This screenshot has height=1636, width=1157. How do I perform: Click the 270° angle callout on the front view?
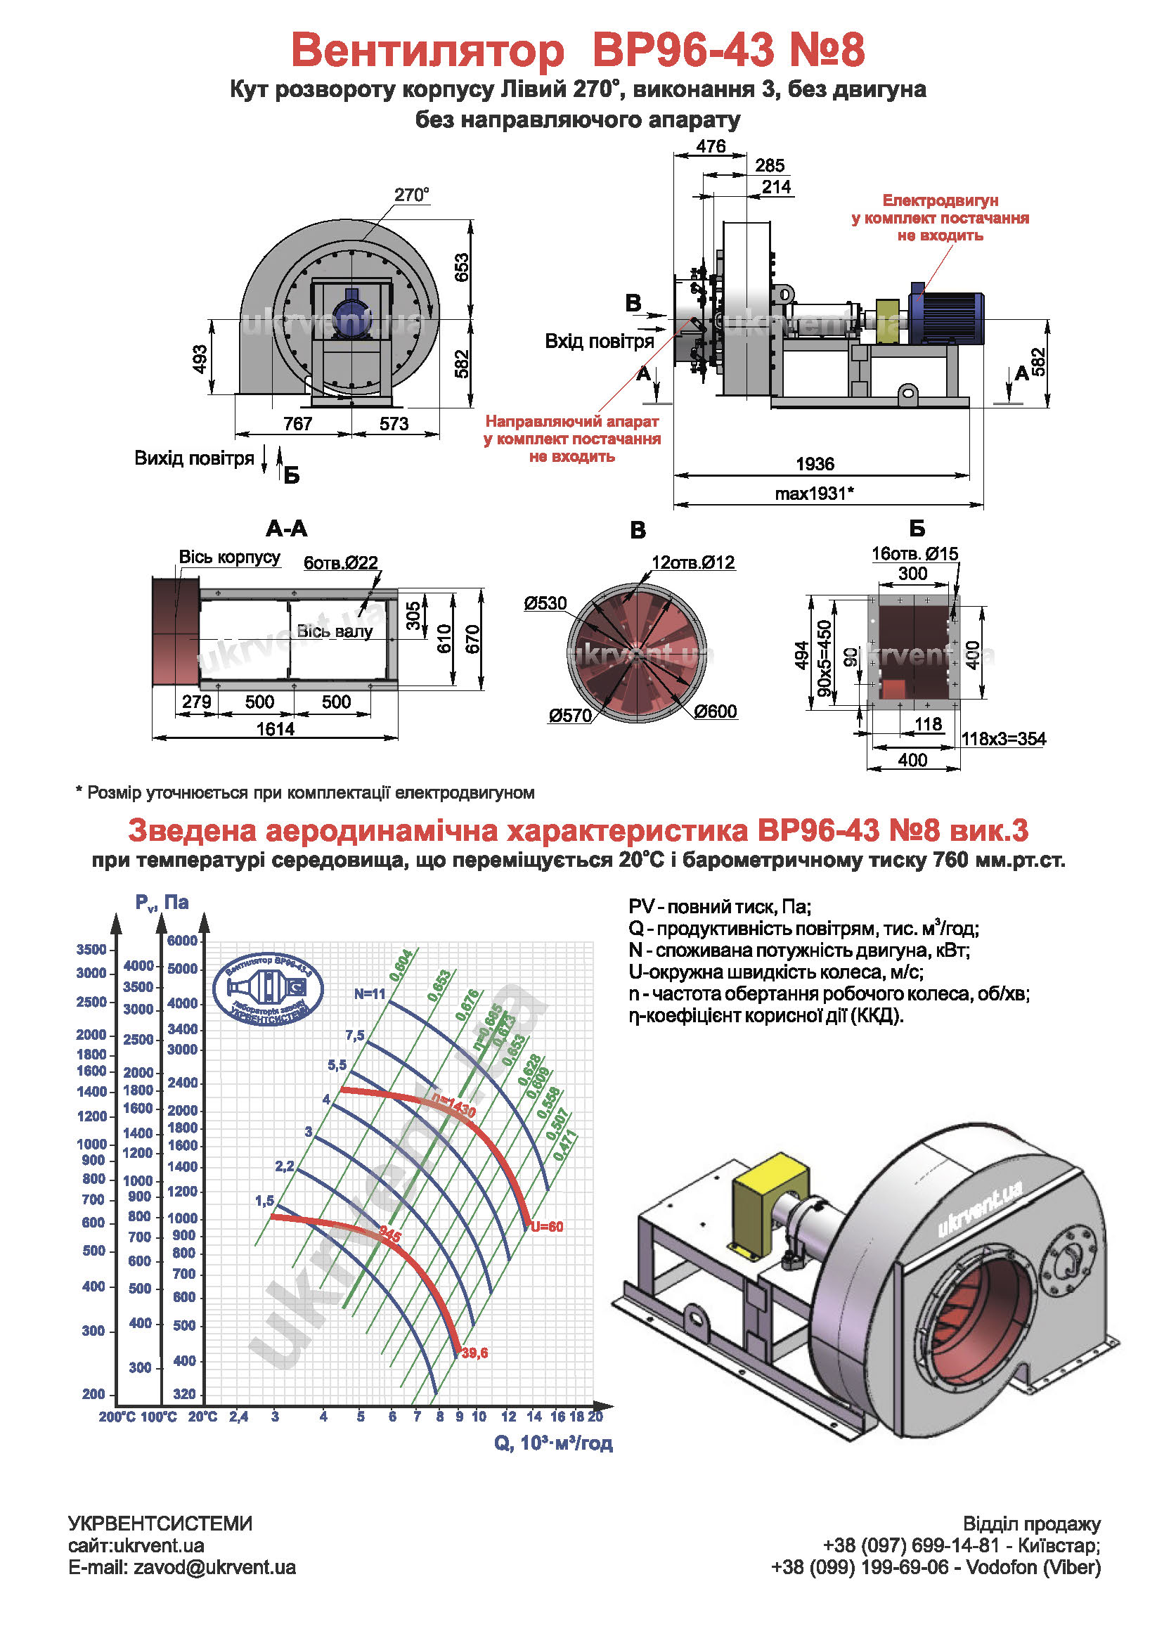point(412,195)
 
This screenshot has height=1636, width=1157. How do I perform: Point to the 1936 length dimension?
point(814,464)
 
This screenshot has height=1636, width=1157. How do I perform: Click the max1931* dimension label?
point(814,493)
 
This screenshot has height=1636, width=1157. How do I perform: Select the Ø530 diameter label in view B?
point(545,603)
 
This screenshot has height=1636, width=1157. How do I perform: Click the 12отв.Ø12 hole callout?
point(692,562)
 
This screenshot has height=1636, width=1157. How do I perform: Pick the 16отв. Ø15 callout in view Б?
point(914,553)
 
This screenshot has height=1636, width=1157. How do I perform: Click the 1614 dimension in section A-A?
point(275,729)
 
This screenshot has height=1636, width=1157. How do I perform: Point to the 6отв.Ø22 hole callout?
point(340,563)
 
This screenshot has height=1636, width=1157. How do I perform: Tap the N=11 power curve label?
point(370,994)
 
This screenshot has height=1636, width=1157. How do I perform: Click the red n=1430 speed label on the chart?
point(454,1105)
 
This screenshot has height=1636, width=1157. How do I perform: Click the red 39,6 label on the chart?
point(474,1353)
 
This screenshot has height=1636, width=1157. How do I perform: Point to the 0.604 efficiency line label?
point(401,965)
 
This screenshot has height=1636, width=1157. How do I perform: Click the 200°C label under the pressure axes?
point(117,1417)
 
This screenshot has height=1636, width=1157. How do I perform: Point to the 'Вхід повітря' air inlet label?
point(599,341)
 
